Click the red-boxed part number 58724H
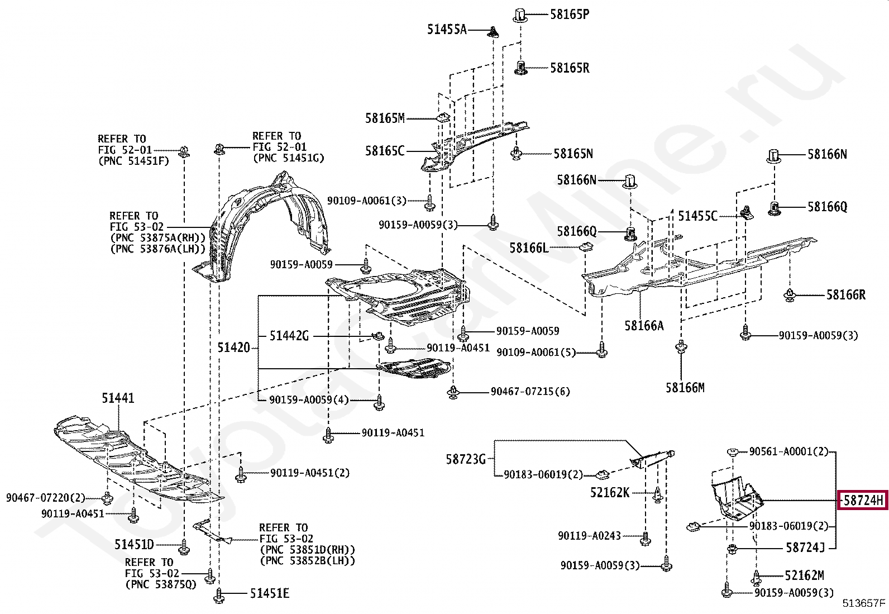coord(863,500)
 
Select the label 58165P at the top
coord(569,15)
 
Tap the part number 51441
coord(118,398)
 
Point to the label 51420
coord(233,348)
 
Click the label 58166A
coord(644,326)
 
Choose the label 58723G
coord(466,459)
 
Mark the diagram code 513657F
coord(864,603)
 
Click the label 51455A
coord(447,30)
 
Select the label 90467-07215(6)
coord(530,392)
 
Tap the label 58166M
coord(685,387)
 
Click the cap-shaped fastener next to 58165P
coord(520,15)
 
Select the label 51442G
coord(289,336)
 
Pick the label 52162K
coord(610,492)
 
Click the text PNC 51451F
coord(133,161)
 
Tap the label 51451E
coord(269,593)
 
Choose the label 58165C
coord(384,151)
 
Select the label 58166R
coord(845,294)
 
